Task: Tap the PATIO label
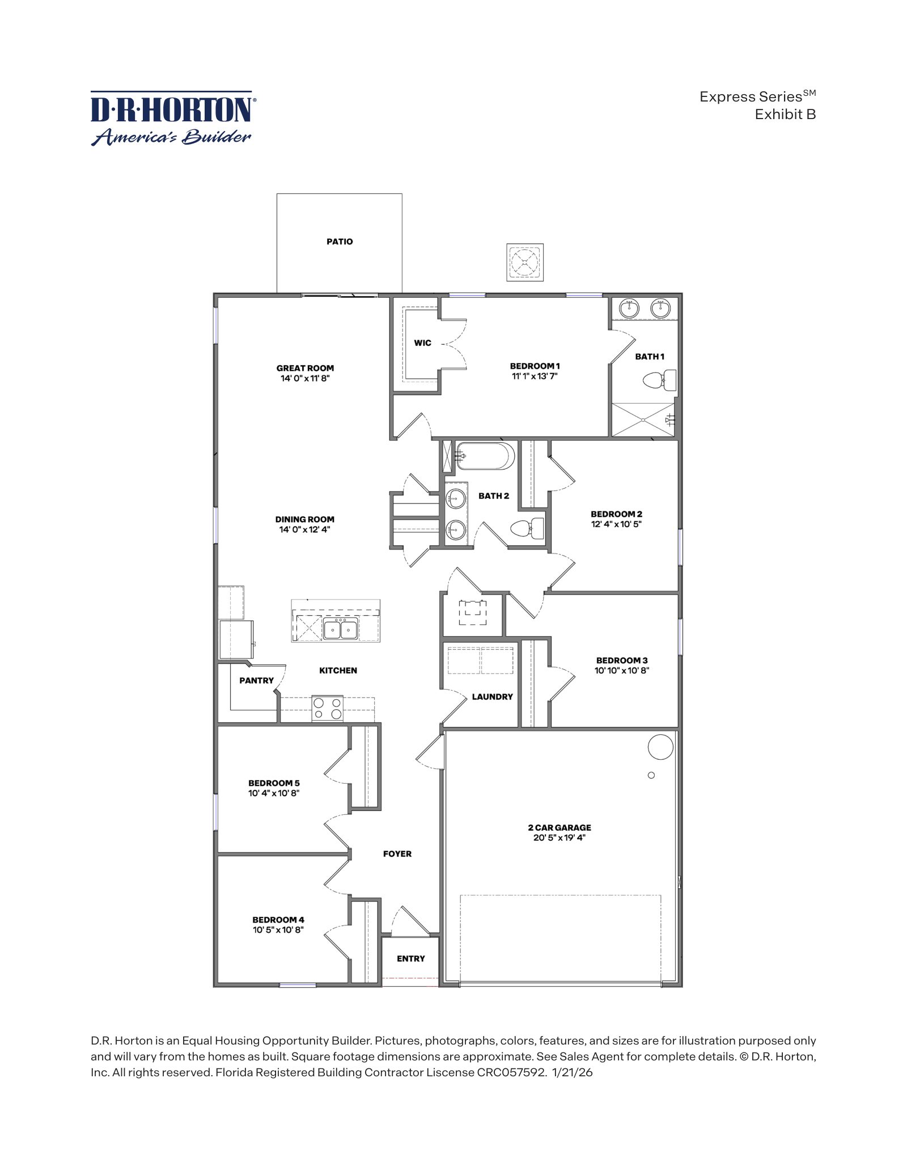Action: pos(340,242)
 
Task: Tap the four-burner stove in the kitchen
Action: pos(327,708)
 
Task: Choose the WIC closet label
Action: pos(422,343)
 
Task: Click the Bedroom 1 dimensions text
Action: pos(535,375)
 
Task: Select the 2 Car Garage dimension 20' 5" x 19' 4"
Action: pos(559,837)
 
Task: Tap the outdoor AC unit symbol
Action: pos(525,263)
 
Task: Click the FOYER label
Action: pos(397,854)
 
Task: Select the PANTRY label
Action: pos(256,680)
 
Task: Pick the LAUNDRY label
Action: pos(492,697)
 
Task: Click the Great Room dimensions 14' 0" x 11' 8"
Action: pos(305,378)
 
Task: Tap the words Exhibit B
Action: pos(785,114)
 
